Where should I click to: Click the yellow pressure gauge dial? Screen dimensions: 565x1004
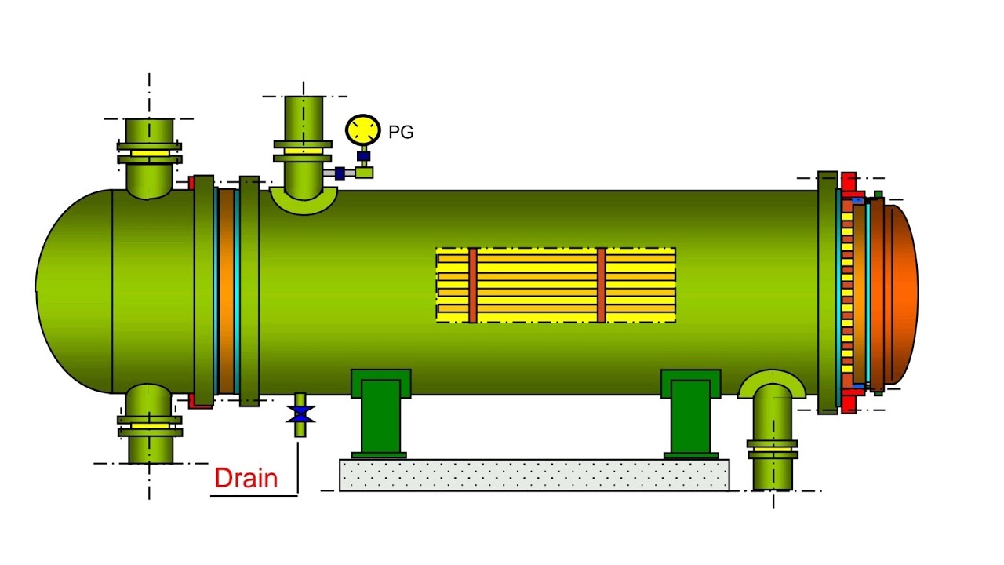point(362,129)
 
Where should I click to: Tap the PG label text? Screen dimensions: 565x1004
point(401,133)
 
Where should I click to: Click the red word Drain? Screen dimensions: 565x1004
point(246,478)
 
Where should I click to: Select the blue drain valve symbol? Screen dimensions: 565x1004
point(300,414)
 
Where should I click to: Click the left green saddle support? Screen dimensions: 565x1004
point(380,412)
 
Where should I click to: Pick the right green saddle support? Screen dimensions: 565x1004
point(690,412)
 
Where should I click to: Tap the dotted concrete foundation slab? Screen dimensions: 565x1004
point(533,475)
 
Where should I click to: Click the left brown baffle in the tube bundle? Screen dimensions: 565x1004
point(473,285)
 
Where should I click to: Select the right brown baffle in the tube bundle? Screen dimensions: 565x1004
point(602,285)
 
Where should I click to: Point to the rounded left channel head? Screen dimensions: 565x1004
point(75,290)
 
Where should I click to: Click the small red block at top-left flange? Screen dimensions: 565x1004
point(191,183)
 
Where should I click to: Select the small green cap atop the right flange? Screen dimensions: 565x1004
point(878,194)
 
